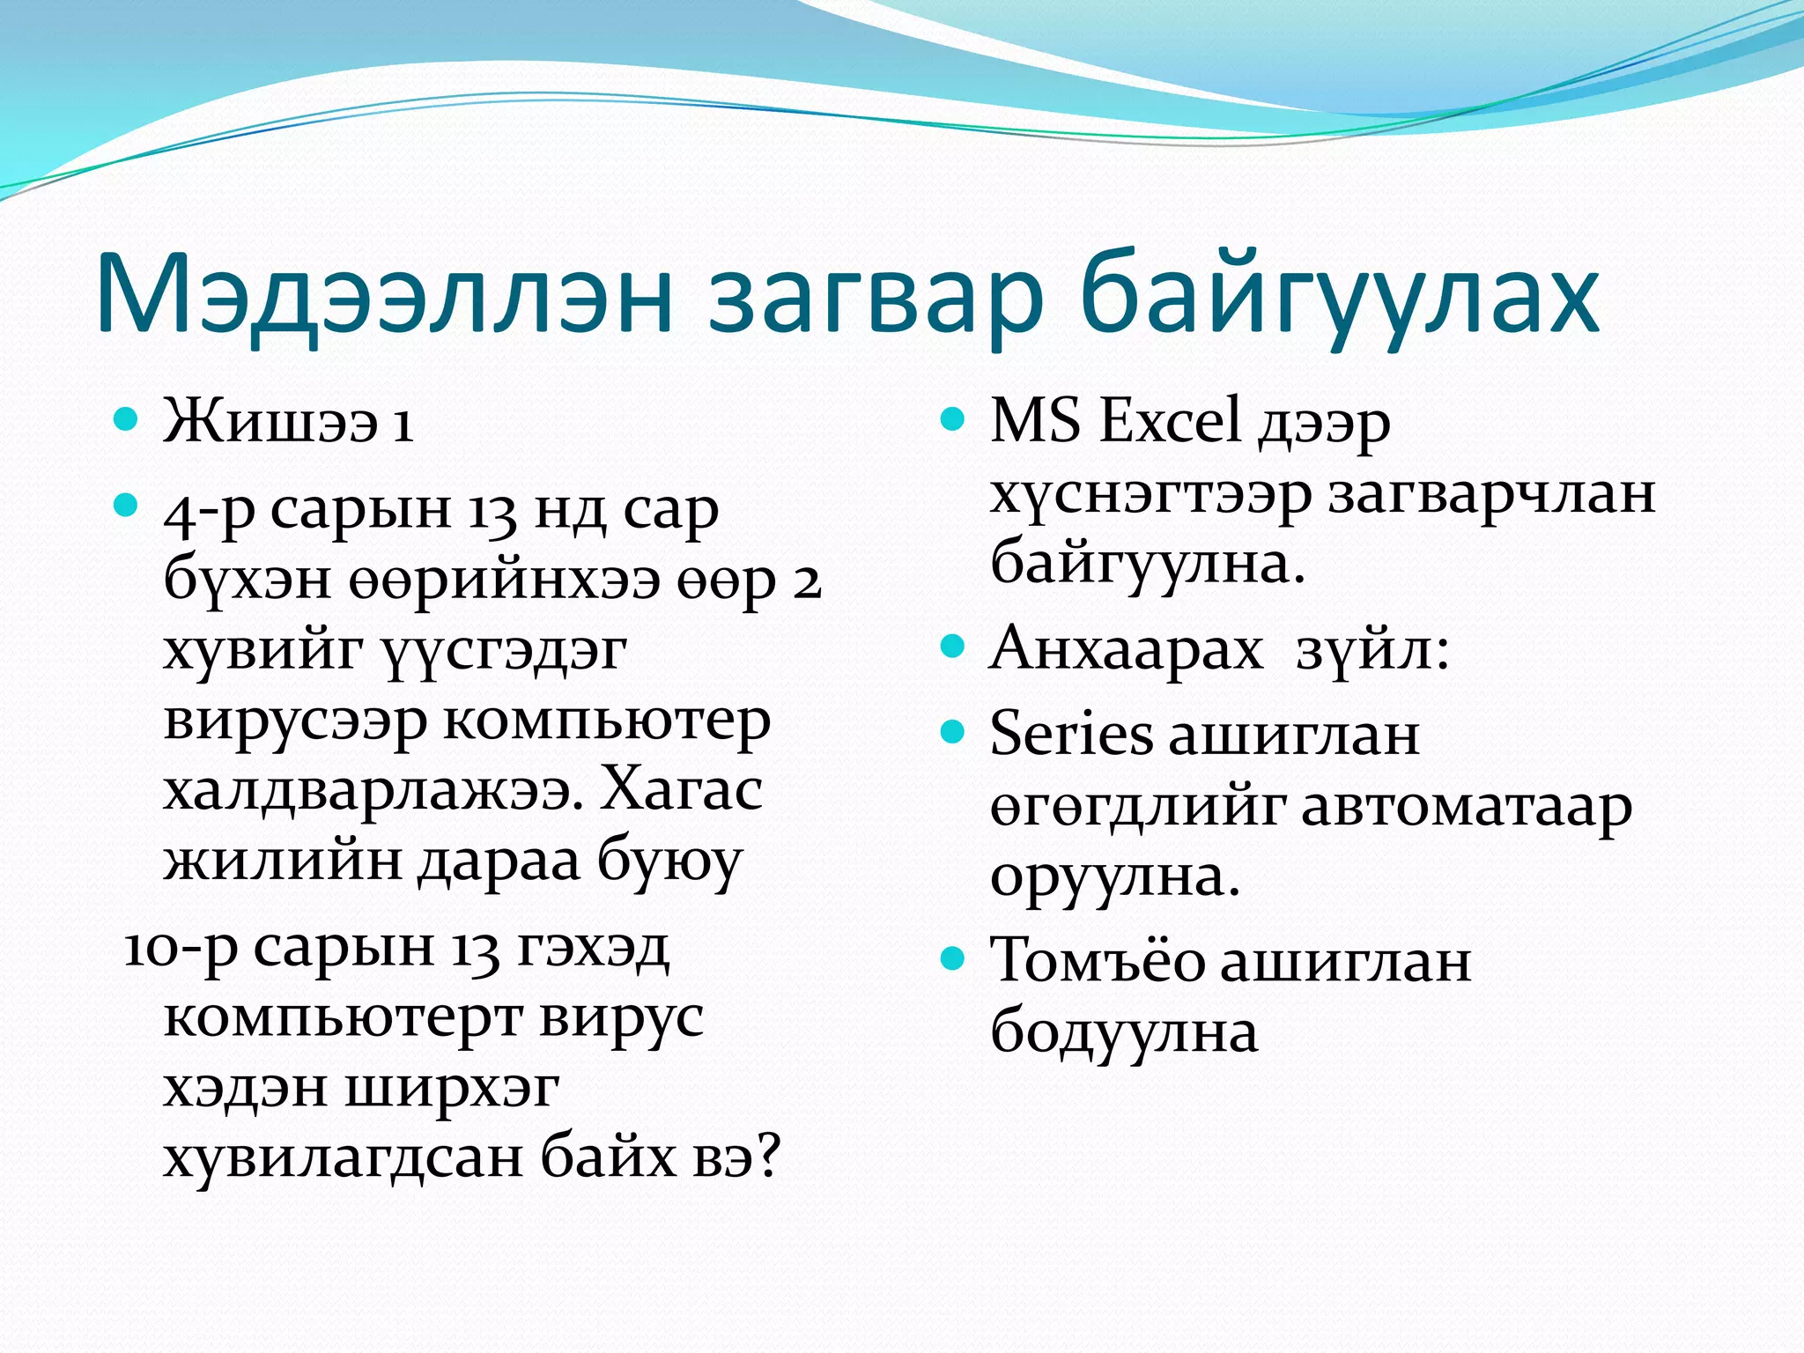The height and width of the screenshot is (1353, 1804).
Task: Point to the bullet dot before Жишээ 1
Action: pos(126,418)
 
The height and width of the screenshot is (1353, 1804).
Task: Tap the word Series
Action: pos(1070,733)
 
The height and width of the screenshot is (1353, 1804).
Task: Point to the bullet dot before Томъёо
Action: pos(952,957)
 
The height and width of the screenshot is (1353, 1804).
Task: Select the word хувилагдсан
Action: pos(344,1156)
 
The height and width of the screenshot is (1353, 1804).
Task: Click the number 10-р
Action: pos(181,949)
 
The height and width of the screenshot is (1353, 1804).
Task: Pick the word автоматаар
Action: pos(1466,807)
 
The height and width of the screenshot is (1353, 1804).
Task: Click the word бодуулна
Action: pos(1124,1031)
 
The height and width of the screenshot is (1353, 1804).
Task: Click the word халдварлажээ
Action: pos(373,790)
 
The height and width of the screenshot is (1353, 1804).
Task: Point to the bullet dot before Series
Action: pos(952,732)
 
